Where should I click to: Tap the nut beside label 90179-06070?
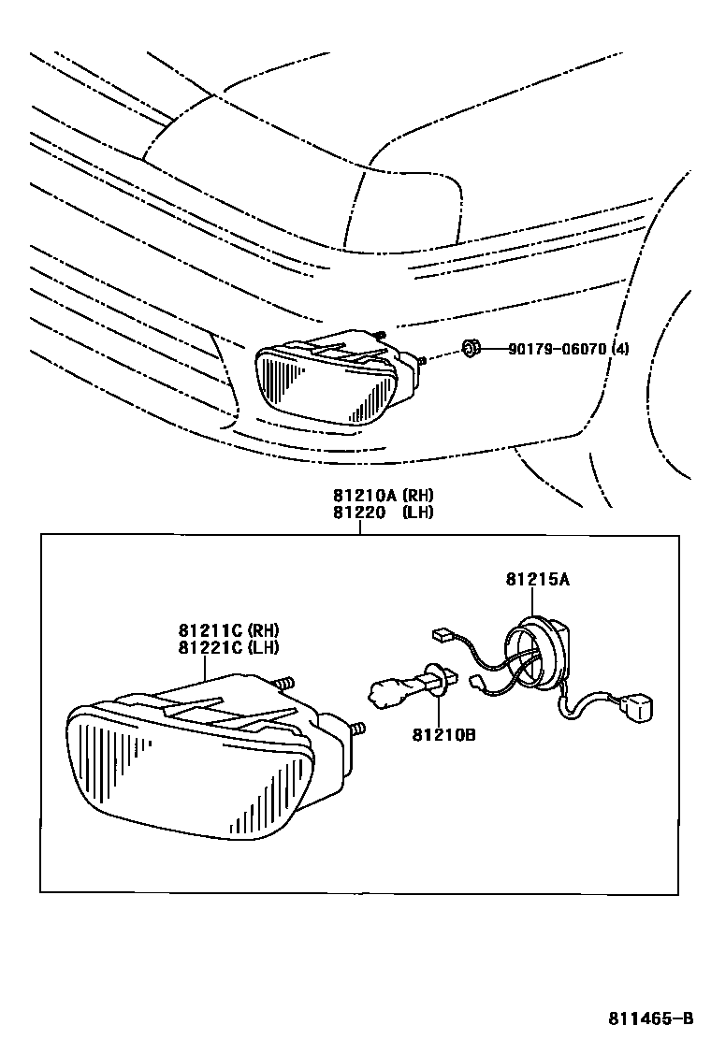click(x=471, y=351)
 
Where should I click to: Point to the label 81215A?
click(x=538, y=580)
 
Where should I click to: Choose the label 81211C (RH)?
click(x=230, y=630)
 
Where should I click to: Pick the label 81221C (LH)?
click(x=230, y=646)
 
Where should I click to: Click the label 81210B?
click(x=443, y=735)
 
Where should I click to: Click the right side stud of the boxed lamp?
click(x=357, y=728)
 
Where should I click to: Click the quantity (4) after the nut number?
click(x=619, y=350)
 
